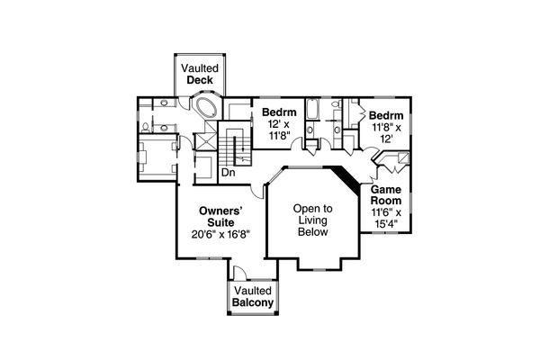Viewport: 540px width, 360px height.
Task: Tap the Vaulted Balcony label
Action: point(253,297)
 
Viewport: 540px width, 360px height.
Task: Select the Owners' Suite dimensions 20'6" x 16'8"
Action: point(220,234)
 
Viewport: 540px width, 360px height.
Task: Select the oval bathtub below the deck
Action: point(205,110)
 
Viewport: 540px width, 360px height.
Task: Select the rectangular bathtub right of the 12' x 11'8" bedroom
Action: point(312,112)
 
